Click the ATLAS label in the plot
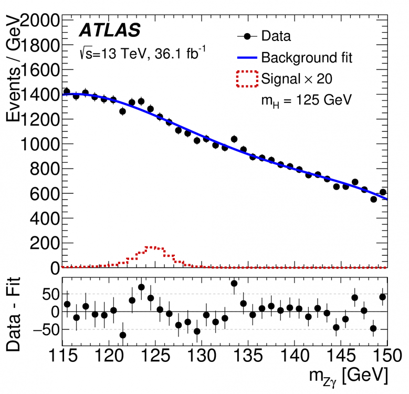pos(110,31)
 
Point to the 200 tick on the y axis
pos(45,243)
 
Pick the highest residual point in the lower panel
pos(234,284)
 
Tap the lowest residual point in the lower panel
pos(123,335)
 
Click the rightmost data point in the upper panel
pos(383,192)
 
